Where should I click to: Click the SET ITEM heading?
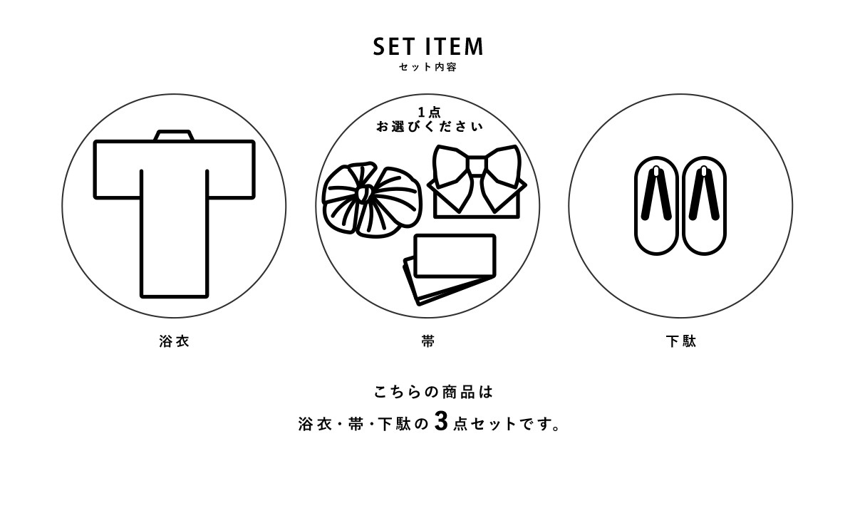click(x=428, y=46)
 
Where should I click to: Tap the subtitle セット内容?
click(x=427, y=67)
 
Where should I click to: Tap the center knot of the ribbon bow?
click(x=477, y=166)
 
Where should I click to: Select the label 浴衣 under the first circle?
click(x=174, y=341)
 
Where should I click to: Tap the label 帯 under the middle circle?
click(x=428, y=341)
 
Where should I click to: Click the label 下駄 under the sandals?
click(x=681, y=341)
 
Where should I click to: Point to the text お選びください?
click(x=430, y=127)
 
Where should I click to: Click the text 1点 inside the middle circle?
click(x=430, y=113)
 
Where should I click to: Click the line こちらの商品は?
click(x=433, y=393)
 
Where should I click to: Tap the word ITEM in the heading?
click(x=455, y=46)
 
